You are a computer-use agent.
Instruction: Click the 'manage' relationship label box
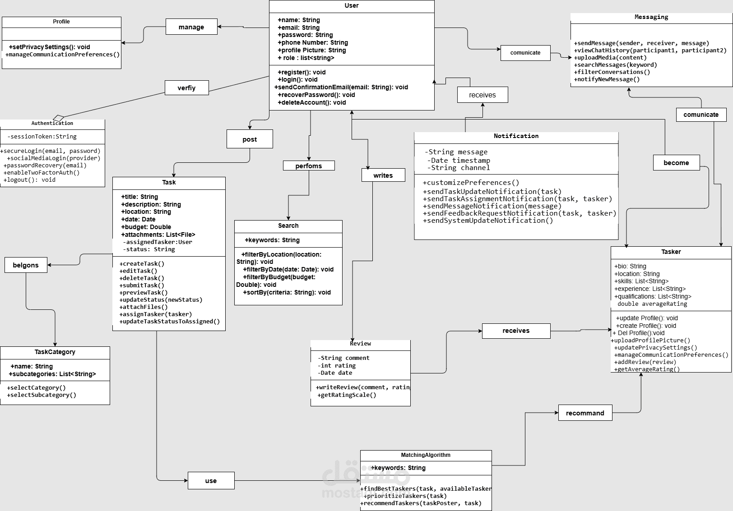point(191,27)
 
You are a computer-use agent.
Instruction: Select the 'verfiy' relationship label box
point(186,88)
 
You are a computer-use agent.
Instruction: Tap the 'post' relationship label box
point(250,139)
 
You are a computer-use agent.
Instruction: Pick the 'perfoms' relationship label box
point(309,166)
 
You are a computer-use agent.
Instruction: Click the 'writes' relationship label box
point(383,175)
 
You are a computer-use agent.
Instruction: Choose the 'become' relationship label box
point(676,163)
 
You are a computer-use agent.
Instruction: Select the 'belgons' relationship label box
point(26,265)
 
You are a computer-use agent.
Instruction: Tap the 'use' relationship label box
point(211,481)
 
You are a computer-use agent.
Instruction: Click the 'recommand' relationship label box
point(585,413)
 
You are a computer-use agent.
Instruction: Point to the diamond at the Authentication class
point(59,119)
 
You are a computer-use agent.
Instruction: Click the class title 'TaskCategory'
point(55,352)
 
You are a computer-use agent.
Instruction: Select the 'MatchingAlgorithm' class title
point(426,455)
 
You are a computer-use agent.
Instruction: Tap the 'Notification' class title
point(516,136)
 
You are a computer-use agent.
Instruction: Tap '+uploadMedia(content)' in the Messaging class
point(610,58)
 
